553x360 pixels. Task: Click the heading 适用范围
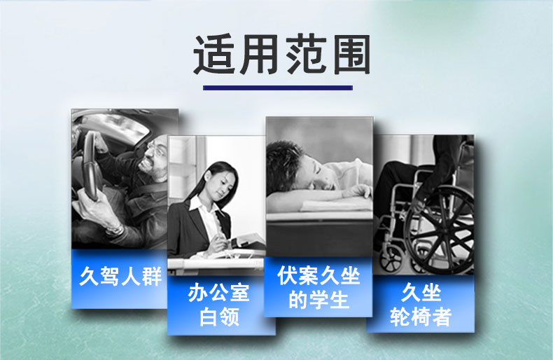(x=281, y=55)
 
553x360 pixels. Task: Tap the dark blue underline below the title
(x=278, y=88)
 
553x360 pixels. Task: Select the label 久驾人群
(x=120, y=276)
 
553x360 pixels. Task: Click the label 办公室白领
(x=219, y=305)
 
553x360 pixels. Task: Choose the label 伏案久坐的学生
(x=318, y=287)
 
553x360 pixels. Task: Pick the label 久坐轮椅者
(x=421, y=304)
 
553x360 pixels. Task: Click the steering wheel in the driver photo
(x=91, y=166)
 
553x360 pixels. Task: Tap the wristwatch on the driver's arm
(x=115, y=230)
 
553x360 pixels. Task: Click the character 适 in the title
(x=214, y=55)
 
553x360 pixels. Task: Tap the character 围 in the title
(x=351, y=55)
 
